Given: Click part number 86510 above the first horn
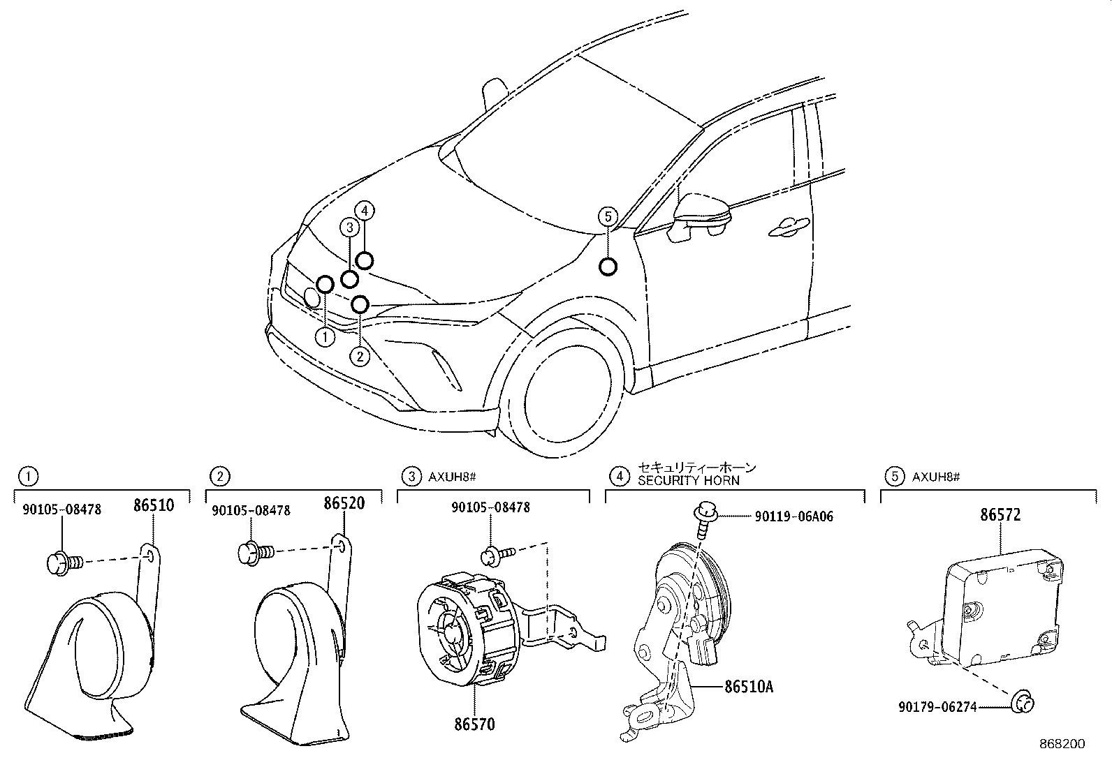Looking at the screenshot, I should pos(152,505).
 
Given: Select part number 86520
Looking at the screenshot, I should pos(344,503).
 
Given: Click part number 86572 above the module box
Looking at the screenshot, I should pos(1000,515).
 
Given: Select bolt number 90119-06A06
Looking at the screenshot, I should pos(793,516).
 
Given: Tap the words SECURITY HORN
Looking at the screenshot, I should pos(688,481).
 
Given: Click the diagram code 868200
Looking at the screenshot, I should pos(1061,744).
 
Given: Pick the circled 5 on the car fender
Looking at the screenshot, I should pos(608,217).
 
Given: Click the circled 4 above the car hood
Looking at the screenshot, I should pos(365,209).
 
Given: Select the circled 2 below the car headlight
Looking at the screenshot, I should pos(360,357).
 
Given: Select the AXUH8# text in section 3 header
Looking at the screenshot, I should pos(452,477).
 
